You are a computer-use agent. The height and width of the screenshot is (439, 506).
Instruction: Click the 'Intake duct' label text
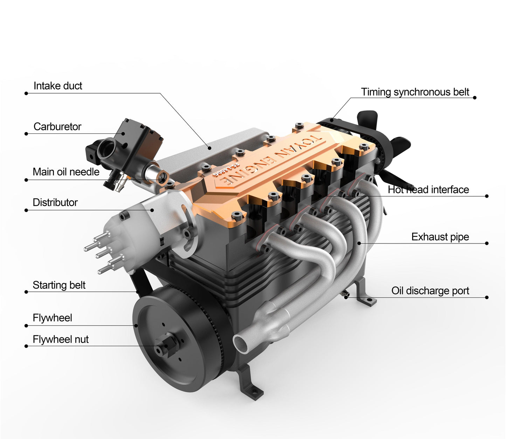tap(58, 86)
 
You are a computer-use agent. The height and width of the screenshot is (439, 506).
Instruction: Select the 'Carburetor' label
tap(57, 126)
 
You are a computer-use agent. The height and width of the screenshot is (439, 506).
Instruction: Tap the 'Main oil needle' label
tap(66, 172)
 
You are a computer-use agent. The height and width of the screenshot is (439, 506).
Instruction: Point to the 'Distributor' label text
tap(55, 203)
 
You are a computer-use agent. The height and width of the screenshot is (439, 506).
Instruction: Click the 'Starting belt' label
tap(59, 285)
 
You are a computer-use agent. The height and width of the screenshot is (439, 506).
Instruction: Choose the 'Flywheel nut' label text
tap(61, 339)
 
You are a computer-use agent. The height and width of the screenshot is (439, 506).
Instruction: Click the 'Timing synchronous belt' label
tap(415, 92)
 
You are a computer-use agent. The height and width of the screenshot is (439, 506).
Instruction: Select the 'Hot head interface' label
tap(428, 190)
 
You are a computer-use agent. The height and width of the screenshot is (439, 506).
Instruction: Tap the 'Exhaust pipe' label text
tap(440, 237)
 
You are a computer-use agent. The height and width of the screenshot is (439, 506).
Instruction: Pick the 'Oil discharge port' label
tap(430, 291)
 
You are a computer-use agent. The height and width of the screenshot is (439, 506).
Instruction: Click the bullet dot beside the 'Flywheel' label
tap(26, 325)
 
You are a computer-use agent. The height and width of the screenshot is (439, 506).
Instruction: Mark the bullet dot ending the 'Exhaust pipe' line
tap(487, 243)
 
